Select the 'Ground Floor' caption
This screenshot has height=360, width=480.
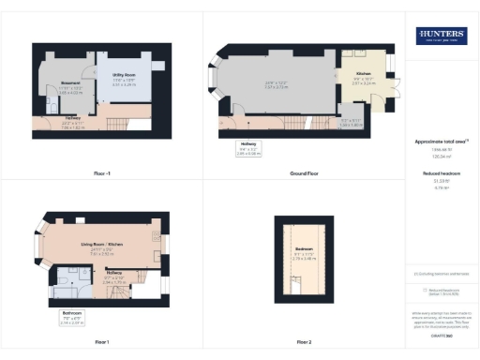[301, 174]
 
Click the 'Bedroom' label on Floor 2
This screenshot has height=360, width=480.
[303, 247]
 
